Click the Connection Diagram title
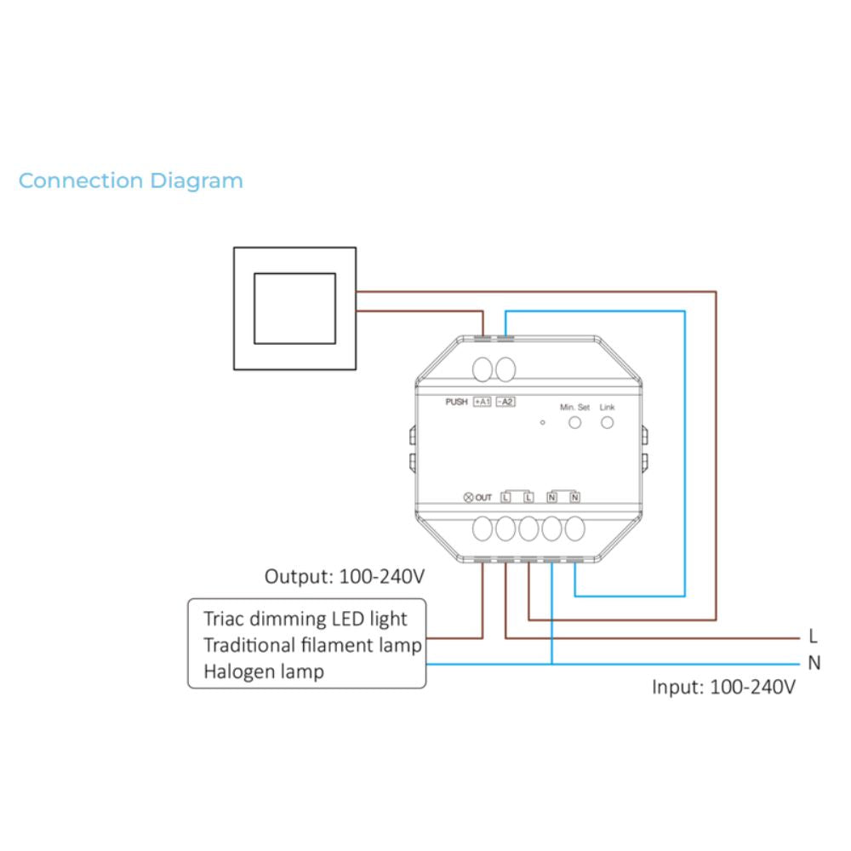click(x=131, y=180)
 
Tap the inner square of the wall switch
click(x=294, y=273)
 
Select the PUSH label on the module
click(x=456, y=402)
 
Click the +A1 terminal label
click(x=483, y=402)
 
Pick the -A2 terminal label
click(x=505, y=402)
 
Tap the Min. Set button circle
click(x=574, y=422)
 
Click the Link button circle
click(x=608, y=422)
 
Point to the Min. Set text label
click(x=574, y=407)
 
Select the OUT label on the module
click(x=483, y=497)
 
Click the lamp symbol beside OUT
click(x=468, y=497)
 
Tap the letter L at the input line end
click(x=813, y=636)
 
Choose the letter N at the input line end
click(x=814, y=663)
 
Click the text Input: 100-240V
click(x=723, y=687)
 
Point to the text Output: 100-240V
click(x=345, y=576)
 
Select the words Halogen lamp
click(x=264, y=672)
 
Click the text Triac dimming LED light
click(x=305, y=619)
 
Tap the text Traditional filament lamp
click(x=312, y=645)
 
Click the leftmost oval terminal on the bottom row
click(x=483, y=528)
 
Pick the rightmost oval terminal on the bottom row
click(x=574, y=528)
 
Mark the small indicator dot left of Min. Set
click(x=542, y=422)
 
